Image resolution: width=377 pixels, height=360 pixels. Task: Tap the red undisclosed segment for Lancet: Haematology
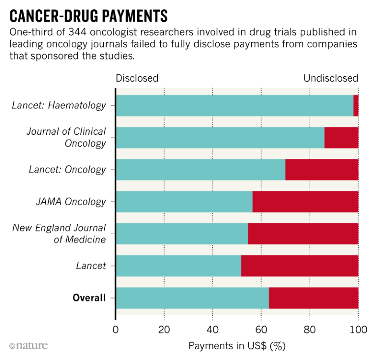tap(356, 105)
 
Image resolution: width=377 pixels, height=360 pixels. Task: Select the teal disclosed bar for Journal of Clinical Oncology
tap(220, 138)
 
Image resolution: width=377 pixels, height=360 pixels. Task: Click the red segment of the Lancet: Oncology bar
tap(321, 170)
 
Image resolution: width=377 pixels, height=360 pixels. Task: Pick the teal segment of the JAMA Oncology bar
tap(184, 202)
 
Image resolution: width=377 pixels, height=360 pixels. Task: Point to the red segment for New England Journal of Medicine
tap(303, 234)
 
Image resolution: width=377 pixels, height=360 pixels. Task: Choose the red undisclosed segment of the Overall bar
tap(314, 298)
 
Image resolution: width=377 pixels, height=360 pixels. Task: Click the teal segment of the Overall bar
tap(192, 298)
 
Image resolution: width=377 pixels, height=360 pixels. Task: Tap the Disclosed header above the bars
tap(137, 78)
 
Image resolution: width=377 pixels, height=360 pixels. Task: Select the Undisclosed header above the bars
tap(330, 78)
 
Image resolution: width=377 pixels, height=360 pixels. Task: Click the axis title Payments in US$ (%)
tap(236, 346)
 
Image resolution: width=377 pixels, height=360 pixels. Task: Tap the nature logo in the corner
tap(29, 346)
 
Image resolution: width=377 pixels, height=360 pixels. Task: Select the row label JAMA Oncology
tap(71, 202)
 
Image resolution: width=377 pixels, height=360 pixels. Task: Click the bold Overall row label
tap(89, 298)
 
